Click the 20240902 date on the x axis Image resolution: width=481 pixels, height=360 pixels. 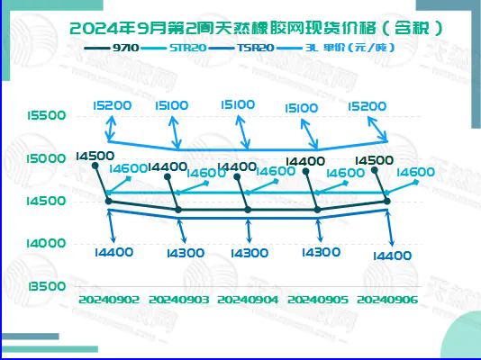(x=109, y=298)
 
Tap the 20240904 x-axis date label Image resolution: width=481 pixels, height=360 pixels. (x=248, y=298)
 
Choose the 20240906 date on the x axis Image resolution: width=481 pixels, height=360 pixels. (x=387, y=298)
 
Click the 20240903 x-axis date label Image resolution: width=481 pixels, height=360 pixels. (x=178, y=298)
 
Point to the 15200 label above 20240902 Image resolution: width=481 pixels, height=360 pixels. (x=111, y=105)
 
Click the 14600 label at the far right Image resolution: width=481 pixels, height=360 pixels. (x=415, y=172)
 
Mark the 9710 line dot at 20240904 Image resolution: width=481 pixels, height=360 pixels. (x=248, y=210)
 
